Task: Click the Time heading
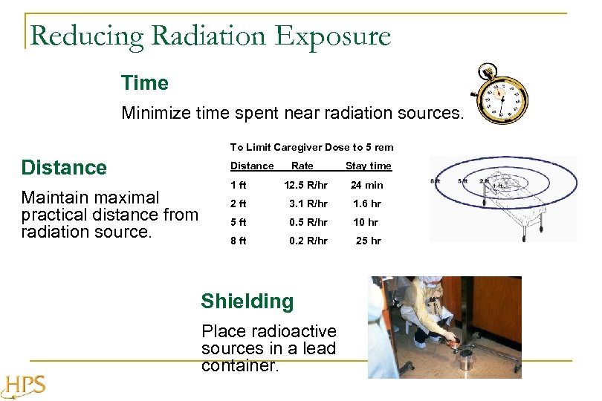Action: [145, 83]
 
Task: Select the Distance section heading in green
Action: [64, 168]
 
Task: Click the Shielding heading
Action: [247, 301]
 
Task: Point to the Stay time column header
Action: [368, 166]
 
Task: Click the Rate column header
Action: [302, 166]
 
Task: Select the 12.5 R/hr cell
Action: [305, 185]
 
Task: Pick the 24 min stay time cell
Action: [367, 185]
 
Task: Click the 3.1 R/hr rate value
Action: [308, 203]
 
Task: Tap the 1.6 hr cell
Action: [367, 203]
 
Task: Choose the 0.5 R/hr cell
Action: [308, 222]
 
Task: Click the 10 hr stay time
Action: [366, 222]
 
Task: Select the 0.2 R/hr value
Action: [308, 241]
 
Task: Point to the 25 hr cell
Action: [368, 241]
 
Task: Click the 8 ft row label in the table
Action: [238, 241]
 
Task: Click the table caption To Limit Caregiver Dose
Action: [311, 147]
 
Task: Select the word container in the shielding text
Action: [239, 365]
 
